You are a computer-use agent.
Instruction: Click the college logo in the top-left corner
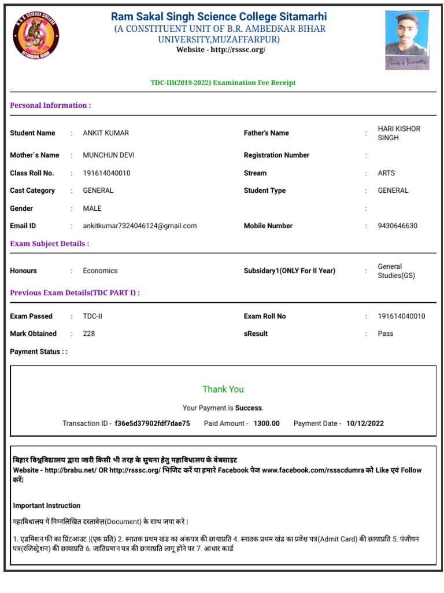[36, 36]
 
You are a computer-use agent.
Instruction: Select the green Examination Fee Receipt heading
[223, 83]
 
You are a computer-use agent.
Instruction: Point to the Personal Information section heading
[50, 105]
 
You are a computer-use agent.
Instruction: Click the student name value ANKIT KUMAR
[106, 133]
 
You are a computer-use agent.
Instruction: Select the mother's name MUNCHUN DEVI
[109, 155]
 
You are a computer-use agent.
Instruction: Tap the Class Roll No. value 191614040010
[106, 173]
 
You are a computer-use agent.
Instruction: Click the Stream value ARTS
[387, 173]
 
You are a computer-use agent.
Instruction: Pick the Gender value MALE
[92, 208]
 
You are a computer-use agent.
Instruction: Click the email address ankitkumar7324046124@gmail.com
[139, 226]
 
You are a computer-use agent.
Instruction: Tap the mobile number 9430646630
[397, 226]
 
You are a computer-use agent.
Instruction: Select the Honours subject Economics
[100, 271]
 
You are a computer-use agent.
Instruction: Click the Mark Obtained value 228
[89, 334]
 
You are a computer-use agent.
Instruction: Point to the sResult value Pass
[385, 334]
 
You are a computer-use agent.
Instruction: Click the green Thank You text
[223, 389]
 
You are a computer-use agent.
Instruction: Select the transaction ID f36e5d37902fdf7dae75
[152, 423]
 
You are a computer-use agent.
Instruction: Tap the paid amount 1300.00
[266, 423]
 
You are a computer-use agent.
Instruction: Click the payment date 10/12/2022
[365, 423]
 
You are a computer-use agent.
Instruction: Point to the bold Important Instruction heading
[47, 506]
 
